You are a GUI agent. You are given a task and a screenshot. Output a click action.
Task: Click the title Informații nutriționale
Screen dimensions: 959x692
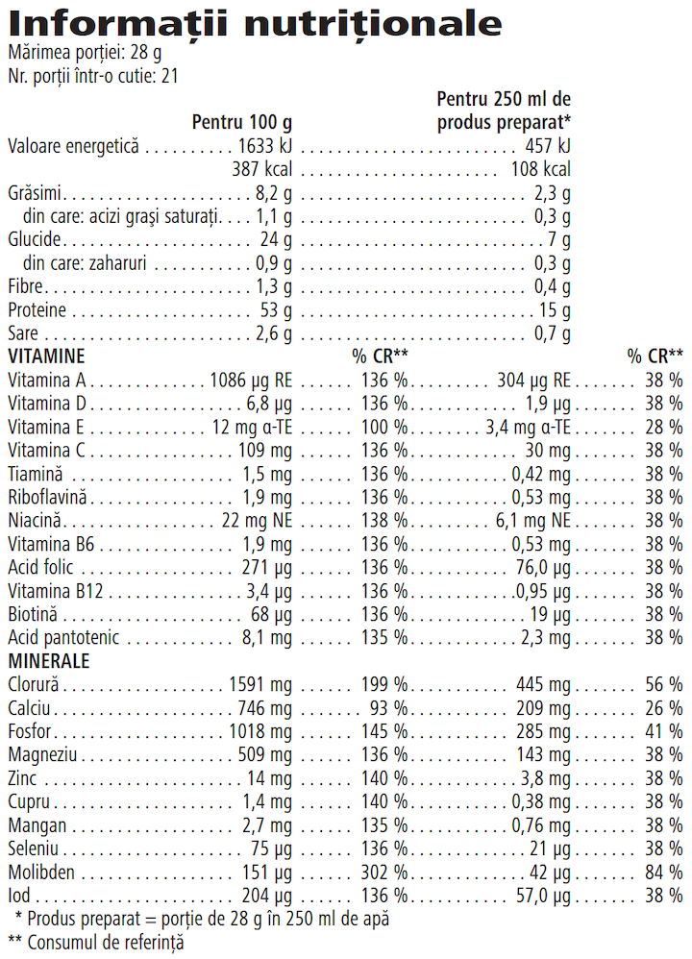click(255, 23)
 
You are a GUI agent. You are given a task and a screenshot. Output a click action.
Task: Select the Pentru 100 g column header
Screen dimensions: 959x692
click(241, 122)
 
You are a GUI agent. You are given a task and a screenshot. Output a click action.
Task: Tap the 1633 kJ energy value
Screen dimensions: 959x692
click(264, 147)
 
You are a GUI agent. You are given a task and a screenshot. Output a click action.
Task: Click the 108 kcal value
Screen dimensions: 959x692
click(540, 170)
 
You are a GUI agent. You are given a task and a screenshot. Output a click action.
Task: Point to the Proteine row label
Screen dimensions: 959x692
click(37, 310)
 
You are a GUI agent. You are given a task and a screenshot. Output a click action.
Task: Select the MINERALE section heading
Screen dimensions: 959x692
click(49, 661)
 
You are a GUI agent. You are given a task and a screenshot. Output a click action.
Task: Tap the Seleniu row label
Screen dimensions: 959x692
click(33, 848)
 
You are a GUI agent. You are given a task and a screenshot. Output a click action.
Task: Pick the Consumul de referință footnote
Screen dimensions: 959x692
click(95, 942)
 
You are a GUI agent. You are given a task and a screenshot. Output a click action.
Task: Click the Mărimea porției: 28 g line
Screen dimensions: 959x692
click(85, 55)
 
